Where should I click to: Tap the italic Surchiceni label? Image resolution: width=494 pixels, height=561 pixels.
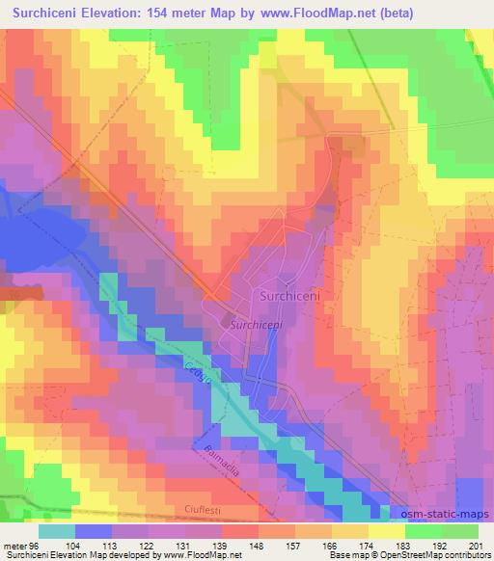(x=257, y=327)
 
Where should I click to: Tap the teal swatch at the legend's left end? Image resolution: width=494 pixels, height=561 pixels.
(x=56, y=530)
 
